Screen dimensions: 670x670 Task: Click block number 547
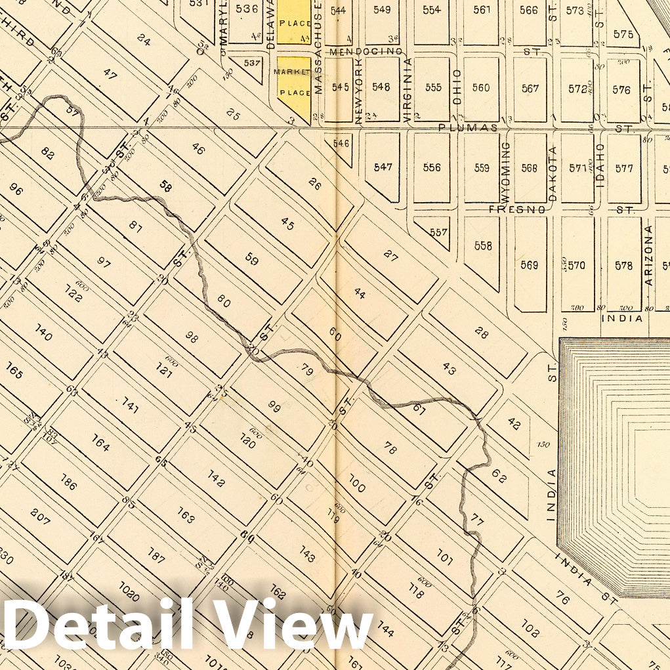pyautogui.click(x=383, y=167)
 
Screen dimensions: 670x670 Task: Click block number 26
pyautogui.click(x=314, y=185)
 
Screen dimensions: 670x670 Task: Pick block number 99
pyautogui.click(x=274, y=406)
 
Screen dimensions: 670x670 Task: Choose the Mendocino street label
pyautogui.click(x=366, y=51)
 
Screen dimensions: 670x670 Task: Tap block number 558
pyautogui.click(x=482, y=245)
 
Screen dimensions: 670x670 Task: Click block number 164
pyautogui.click(x=100, y=444)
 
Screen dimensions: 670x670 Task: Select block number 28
pyautogui.click(x=481, y=333)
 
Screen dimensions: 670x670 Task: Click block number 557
pyautogui.click(x=438, y=232)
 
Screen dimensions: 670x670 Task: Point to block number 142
pyautogui.click(x=216, y=480)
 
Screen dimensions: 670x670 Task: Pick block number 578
pyautogui.click(x=623, y=265)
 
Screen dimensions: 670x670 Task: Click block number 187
pyautogui.click(x=155, y=555)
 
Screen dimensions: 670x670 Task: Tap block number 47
pyautogui.click(x=110, y=75)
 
